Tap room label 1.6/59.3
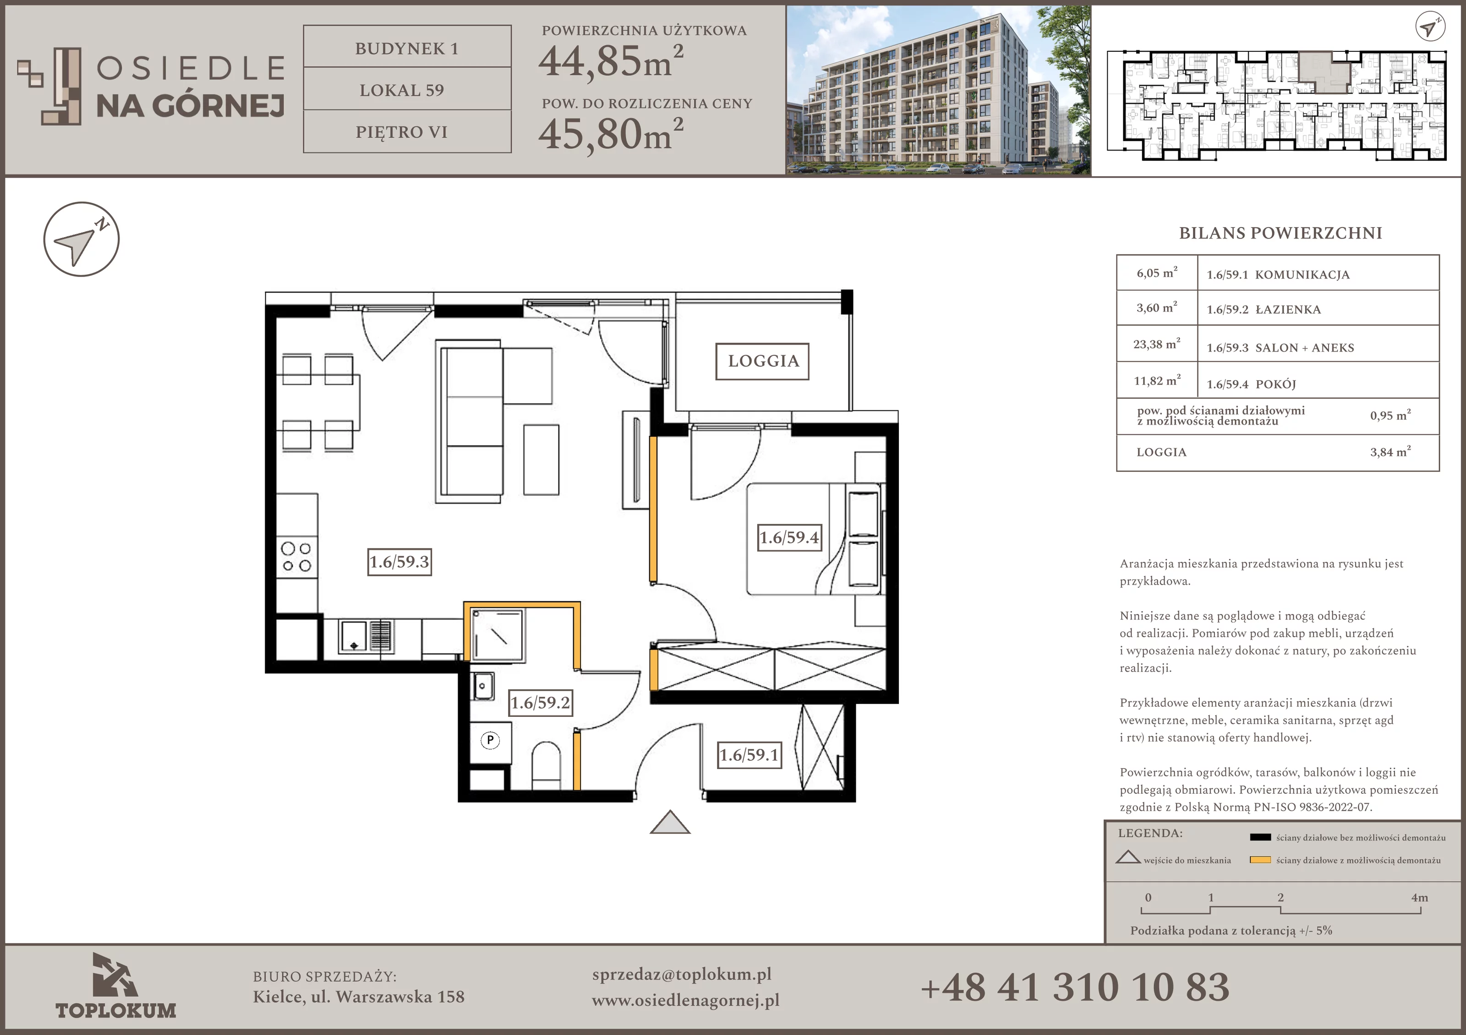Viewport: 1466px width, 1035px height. click(x=399, y=562)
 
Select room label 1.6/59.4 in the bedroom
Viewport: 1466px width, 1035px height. click(x=789, y=537)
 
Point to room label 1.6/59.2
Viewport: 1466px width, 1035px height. click(x=540, y=703)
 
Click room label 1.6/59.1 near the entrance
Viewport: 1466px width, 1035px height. click(x=749, y=755)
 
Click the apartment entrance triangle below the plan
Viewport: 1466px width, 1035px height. click(x=670, y=823)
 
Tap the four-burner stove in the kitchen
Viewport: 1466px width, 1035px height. click(x=297, y=557)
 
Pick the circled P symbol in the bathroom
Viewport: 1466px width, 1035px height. click(x=490, y=740)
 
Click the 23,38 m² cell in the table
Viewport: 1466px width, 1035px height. click(x=1156, y=344)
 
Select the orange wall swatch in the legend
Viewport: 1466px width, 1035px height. click(x=1260, y=860)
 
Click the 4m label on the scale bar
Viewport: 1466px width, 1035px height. click(x=1419, y=897)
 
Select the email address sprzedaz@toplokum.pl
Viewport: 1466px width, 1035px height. click(x=682, y=975)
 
